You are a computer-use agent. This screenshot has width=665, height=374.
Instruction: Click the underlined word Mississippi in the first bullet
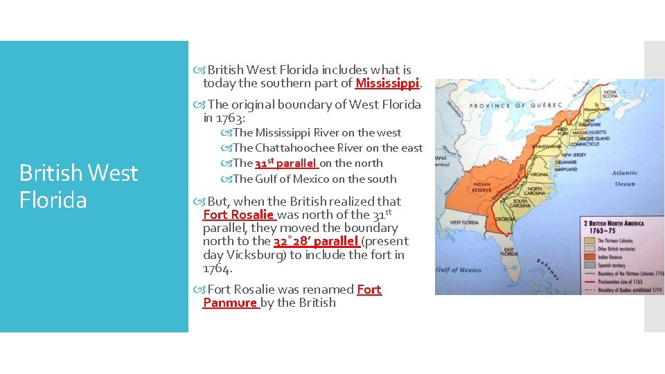click(x=387, y=84)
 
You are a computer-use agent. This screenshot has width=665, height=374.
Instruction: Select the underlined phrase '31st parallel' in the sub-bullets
click(x=286, y=163)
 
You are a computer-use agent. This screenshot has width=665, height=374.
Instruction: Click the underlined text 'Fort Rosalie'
click(x=239, y=215)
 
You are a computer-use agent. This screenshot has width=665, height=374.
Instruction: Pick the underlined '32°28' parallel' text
click(x=316, y=241)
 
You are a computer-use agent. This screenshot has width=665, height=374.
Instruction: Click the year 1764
click(x=216, y=268)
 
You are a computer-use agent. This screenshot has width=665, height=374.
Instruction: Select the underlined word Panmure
click(x=230, y=303)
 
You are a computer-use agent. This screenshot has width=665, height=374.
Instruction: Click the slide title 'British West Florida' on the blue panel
click(x=79, y=186)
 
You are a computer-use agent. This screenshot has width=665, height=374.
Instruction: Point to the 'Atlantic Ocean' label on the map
click(x=624, y=179)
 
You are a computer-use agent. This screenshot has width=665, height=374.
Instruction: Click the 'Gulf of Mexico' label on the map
click(x=459, y=269)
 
